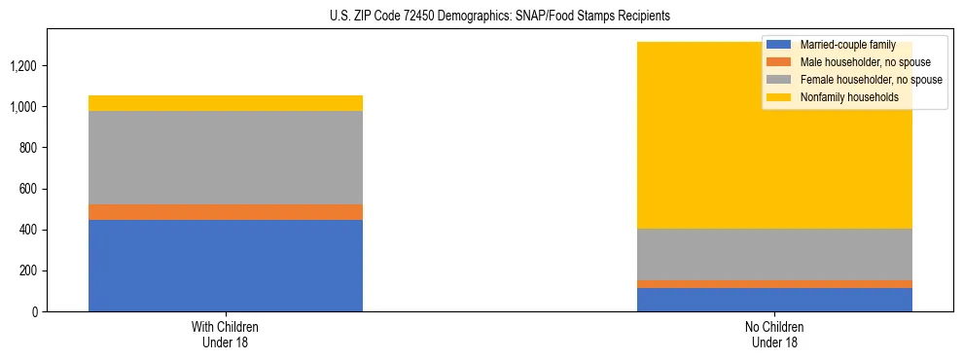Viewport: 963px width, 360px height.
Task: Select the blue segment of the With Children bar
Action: pyautogui.click(x=226, y=266)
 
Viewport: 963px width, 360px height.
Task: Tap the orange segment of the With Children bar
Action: pyautogui.click(x=226, y=212)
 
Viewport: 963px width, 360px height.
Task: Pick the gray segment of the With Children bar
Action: pyautogui.click(x=226, y=158)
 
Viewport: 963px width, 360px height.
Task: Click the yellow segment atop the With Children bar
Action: pyautogui.click(x=226, y=103)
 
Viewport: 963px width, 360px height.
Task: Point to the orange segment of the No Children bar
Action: pyautogui.click(x=774, y=284)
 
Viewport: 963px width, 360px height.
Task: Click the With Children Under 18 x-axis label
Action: pyautogui.click(x=226, y=334)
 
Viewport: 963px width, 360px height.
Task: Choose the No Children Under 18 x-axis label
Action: pyautogui.click(x=774, y=334)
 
